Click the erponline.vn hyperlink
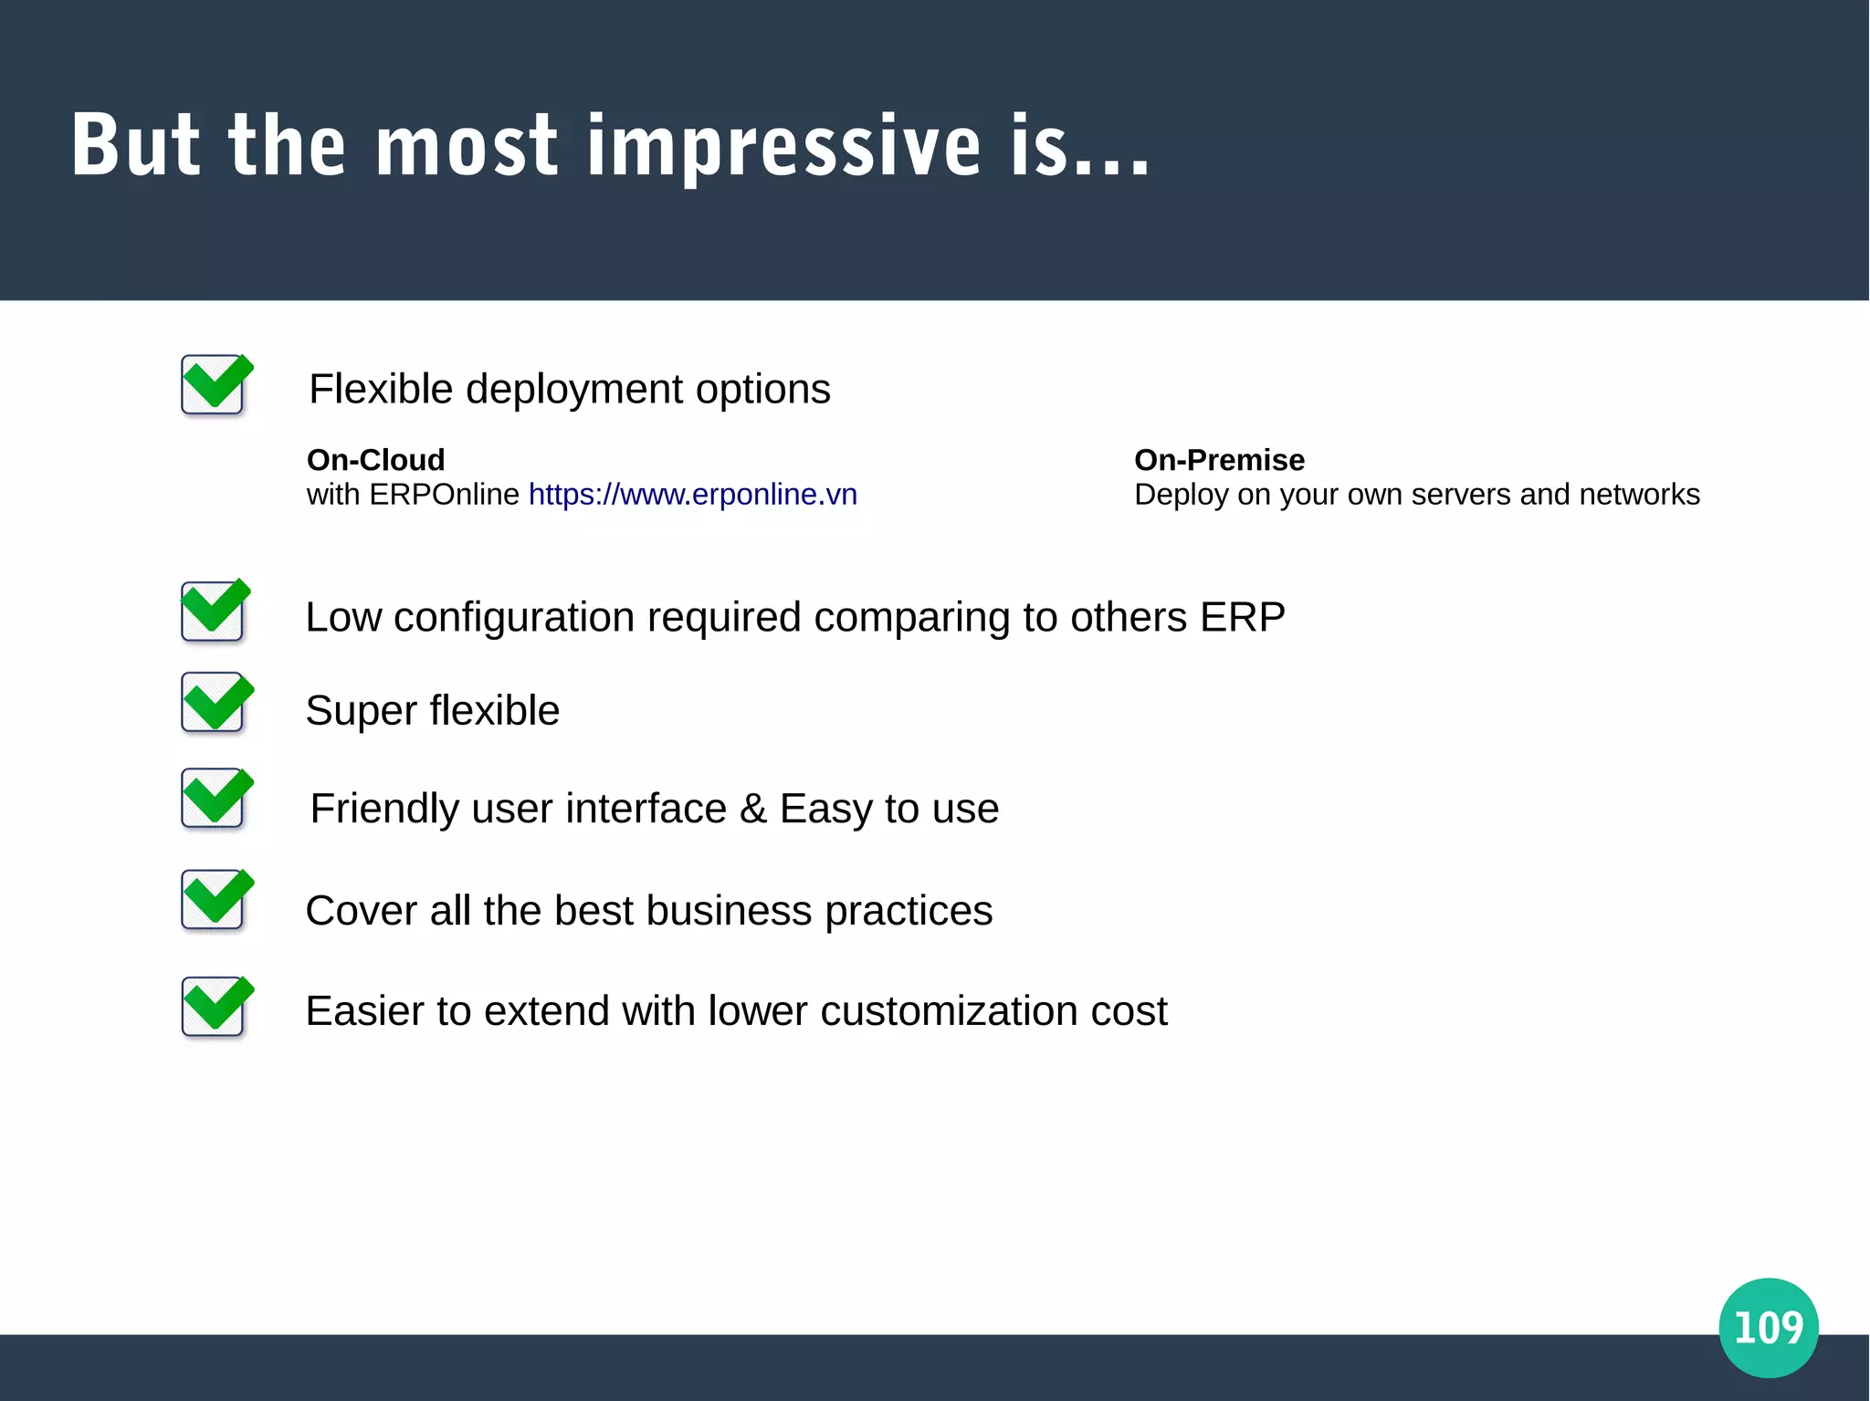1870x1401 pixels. point(692,495)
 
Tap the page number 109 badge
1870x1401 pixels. point(1768,1327)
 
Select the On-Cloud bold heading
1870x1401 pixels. point(375,460)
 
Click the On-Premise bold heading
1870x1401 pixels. point(1219,460)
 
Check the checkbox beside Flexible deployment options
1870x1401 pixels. point(214,385)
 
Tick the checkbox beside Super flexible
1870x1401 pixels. point(214,703)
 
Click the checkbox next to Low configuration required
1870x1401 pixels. point(214,611)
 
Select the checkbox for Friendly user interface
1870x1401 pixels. point(214,799)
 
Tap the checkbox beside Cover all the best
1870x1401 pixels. point(214,900)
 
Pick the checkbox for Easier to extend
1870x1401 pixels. point(214,1007)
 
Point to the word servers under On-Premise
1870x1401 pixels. point(1451,495)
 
